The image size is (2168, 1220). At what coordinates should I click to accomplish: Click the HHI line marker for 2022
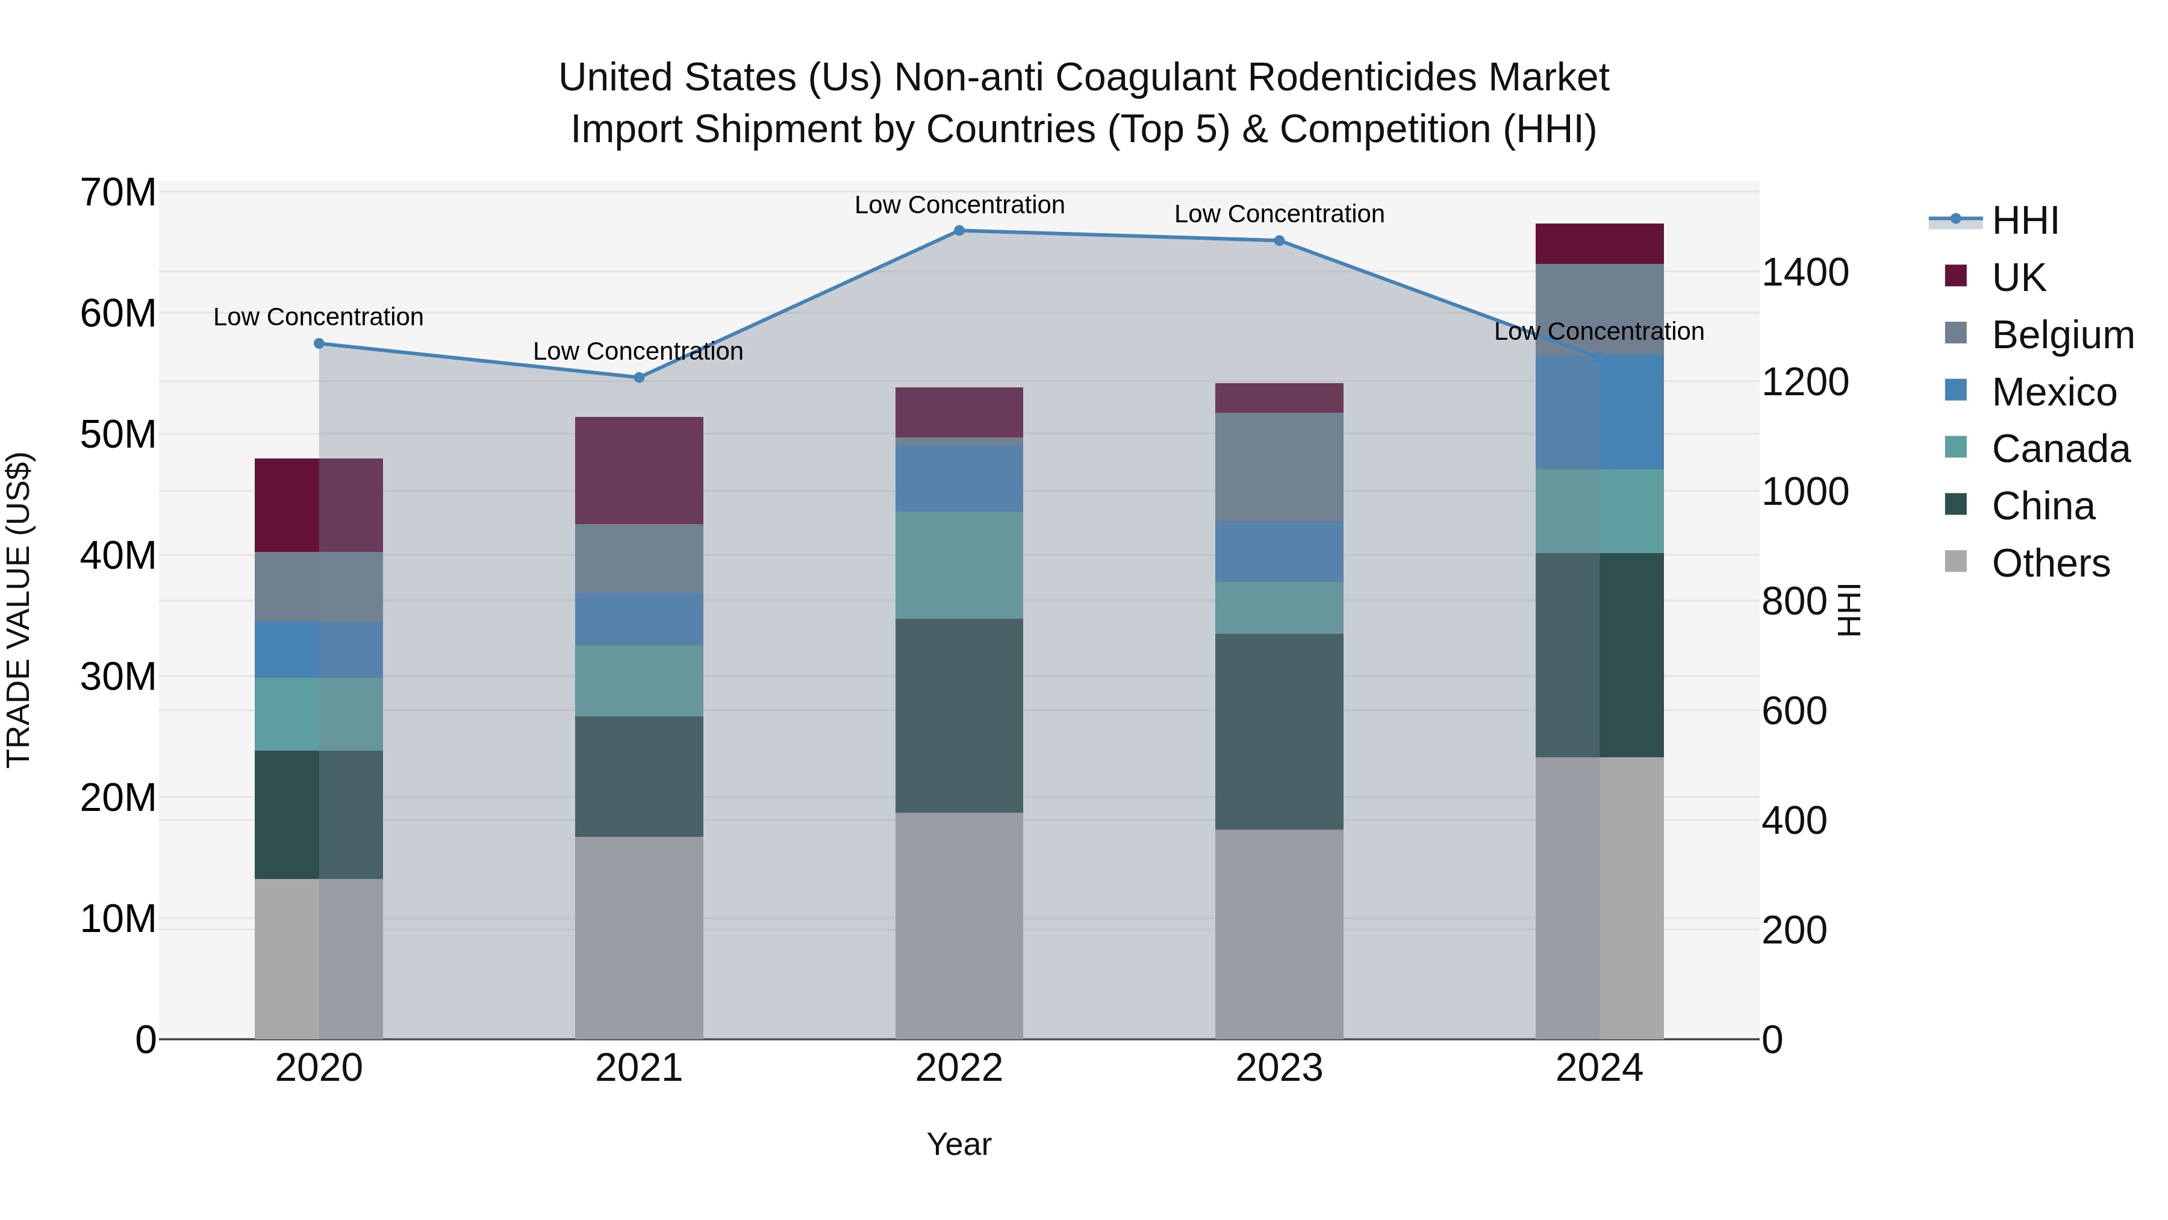tap(959, 231)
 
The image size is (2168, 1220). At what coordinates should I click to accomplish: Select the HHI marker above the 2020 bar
tap(319, 343)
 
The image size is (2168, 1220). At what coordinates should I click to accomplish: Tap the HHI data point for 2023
tap(1279, 241)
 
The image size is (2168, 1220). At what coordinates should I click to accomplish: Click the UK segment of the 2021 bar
tap(639, 471)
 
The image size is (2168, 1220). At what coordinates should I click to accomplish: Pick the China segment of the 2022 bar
tap(959, 716)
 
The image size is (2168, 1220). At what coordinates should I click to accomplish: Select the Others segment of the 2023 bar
tap(1279, 934)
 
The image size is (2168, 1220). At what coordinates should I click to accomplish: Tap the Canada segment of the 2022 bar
tap(959, 565)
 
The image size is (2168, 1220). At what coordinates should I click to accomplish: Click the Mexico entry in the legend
tap(2054, 392)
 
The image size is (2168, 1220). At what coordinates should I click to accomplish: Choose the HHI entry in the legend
tap(2024, 221)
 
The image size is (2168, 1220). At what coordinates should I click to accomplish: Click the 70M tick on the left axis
tap(118, 193)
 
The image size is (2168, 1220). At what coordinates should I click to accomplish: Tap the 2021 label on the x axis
tap(639, 1068)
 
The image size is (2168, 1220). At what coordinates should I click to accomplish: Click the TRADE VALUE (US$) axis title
tap(19, 610)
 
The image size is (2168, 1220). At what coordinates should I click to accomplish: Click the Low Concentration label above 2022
tap(959, 205)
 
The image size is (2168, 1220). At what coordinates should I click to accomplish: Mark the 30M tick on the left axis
tap(118, 677)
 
